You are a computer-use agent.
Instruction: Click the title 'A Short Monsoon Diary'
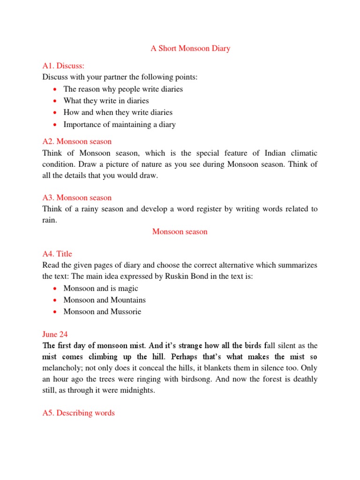coord(190,49)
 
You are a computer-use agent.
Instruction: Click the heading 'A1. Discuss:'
coord(63,66)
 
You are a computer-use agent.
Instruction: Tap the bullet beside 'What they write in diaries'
coord(55,101)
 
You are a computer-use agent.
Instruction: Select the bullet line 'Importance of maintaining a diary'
coord(120,124)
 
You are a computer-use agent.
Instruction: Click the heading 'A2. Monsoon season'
coord(77,142)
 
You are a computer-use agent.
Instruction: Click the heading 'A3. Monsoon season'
coord(77,198)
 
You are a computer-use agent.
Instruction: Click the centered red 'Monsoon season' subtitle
coord(180,232)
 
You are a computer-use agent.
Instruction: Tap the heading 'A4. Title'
coord(57,254)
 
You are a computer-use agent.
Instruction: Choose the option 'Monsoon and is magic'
coord(101,288)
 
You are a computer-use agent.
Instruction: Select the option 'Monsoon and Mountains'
coord(105,300)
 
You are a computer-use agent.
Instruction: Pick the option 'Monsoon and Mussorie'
coord(102,311)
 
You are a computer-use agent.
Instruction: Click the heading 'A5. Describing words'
coord(78,413)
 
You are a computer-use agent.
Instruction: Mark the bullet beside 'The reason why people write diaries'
coord(55,89)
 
